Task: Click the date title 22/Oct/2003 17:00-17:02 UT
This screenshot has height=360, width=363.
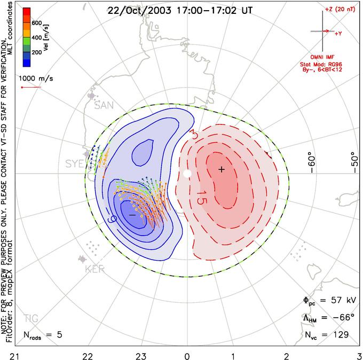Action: tap(181, 10)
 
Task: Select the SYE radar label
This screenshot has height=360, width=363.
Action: tap(73, 162)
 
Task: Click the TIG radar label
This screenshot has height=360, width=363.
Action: tap(31, 319)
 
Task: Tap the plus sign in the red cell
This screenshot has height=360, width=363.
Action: tap(222, 169)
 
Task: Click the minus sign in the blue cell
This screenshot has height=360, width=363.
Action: tap(132, 214)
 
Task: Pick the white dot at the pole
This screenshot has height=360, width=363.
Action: tap(187, 173)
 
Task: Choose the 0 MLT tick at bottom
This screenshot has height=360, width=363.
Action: tap(187, 355)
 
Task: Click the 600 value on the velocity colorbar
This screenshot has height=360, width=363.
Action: tap(36, 23)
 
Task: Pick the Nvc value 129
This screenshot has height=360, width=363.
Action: tap(341, 335)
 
